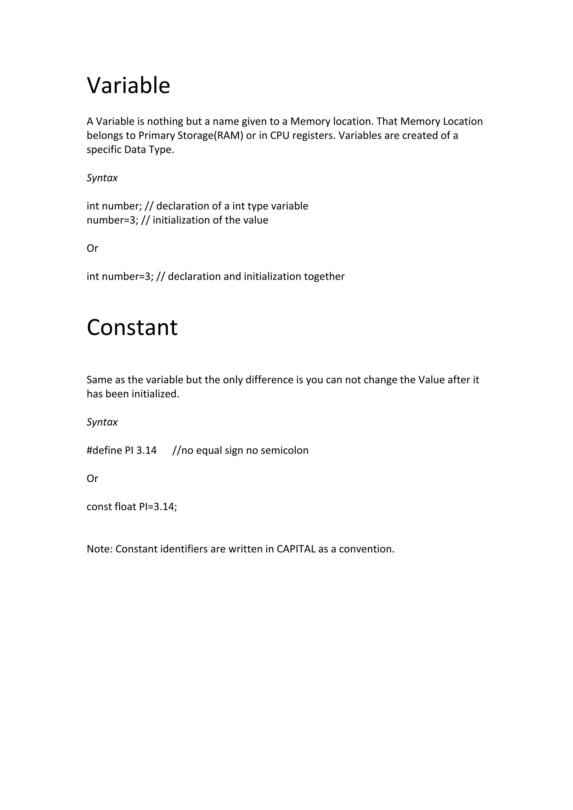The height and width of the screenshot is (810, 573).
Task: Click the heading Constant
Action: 132,328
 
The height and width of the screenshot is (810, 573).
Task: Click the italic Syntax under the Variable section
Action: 102,178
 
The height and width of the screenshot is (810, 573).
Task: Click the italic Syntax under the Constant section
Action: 102,422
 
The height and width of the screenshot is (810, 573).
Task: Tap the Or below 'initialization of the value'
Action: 92,248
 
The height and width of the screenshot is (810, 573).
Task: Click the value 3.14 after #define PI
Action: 146,451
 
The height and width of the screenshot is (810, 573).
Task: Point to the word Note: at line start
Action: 100,549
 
